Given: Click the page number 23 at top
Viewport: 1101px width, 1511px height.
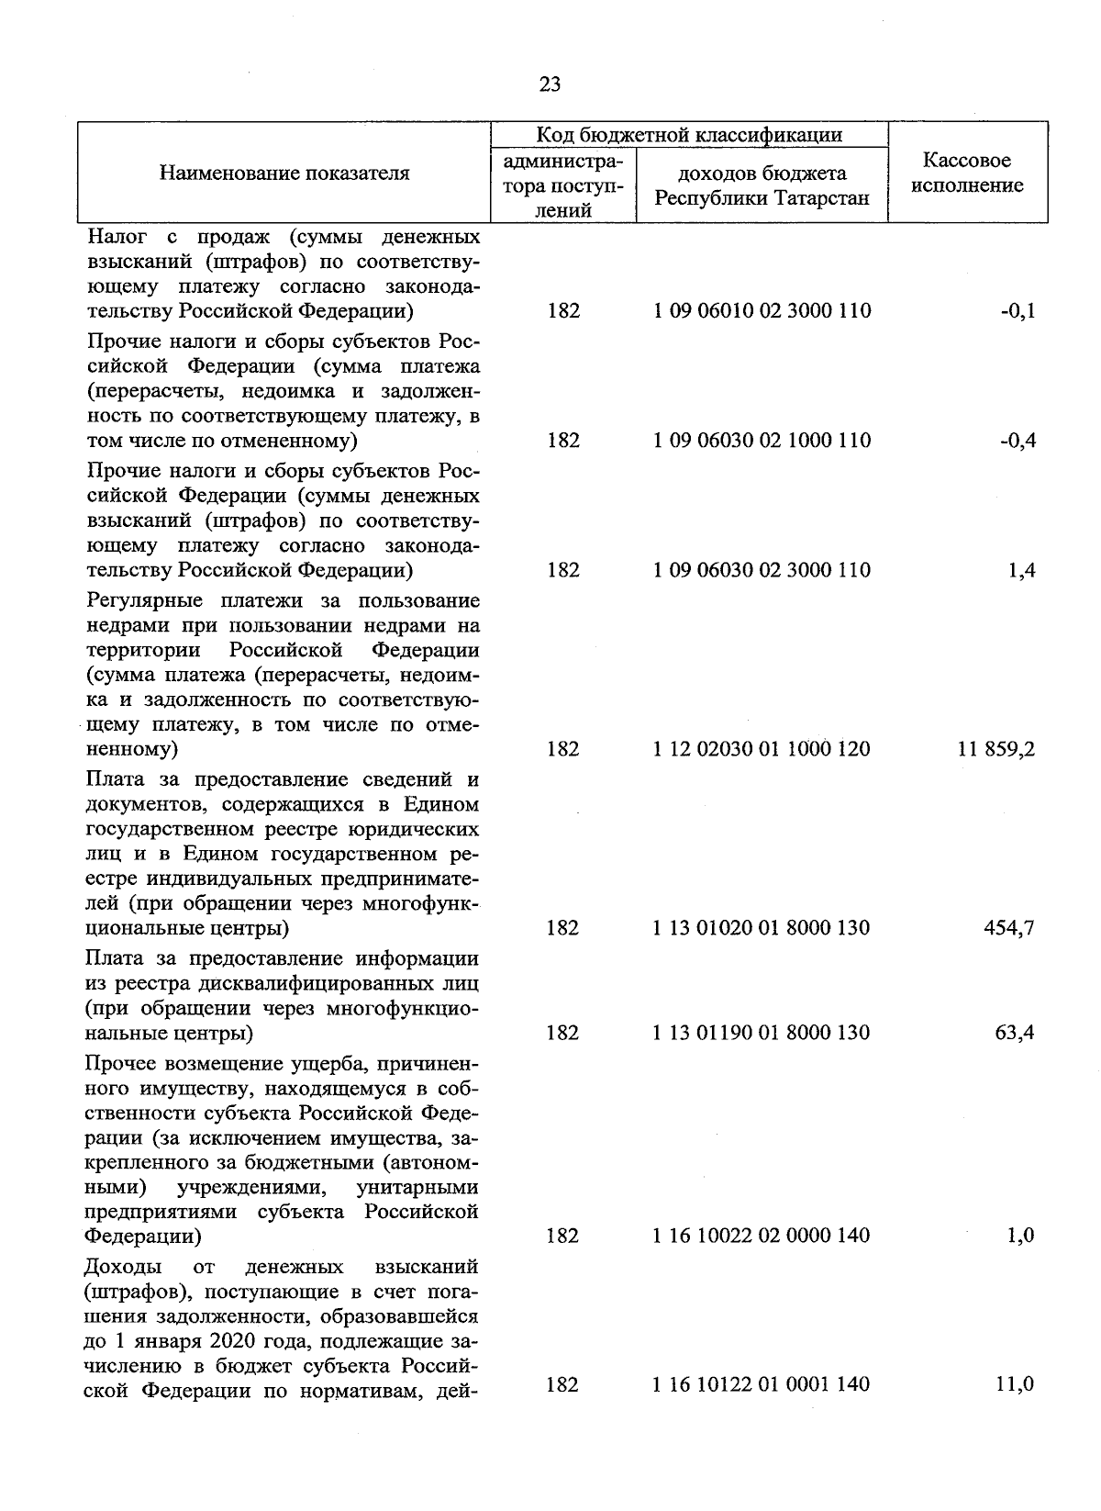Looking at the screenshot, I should (550, 85).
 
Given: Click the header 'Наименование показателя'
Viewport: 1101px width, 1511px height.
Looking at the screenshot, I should (284, 173).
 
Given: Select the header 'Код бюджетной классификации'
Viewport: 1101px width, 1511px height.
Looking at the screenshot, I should (689, 135).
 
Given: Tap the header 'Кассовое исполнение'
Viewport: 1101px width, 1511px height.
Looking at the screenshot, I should (967, 173).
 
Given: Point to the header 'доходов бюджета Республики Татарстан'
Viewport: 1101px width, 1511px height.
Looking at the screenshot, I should (762, 185).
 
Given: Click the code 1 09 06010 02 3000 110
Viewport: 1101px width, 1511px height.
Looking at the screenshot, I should (762, 310).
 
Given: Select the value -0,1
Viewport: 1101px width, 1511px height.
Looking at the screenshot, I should (1018, 310).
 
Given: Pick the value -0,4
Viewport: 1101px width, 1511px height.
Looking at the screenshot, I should (1018, 440).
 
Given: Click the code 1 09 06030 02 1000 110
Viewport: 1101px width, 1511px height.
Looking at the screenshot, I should (762, 440).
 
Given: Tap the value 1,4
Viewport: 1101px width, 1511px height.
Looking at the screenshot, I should (1021, 570).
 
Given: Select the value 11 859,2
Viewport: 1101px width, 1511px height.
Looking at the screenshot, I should (996, 749).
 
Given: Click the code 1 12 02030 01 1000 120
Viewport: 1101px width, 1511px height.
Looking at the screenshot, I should (762, 749).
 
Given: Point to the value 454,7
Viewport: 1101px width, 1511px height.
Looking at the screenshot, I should (1010, 928).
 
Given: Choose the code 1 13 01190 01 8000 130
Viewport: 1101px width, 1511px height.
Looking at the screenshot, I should (762, 1033).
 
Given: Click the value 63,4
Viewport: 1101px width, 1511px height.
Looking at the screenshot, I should (1015, 1033).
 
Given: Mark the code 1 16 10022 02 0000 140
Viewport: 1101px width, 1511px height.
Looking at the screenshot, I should (762, 1236).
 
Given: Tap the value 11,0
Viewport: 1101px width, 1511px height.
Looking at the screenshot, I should (1016, 1384).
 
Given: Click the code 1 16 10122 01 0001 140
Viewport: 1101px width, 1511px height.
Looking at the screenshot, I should (762, 1384).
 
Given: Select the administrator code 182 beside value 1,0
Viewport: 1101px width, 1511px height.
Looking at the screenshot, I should (563, 1236).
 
